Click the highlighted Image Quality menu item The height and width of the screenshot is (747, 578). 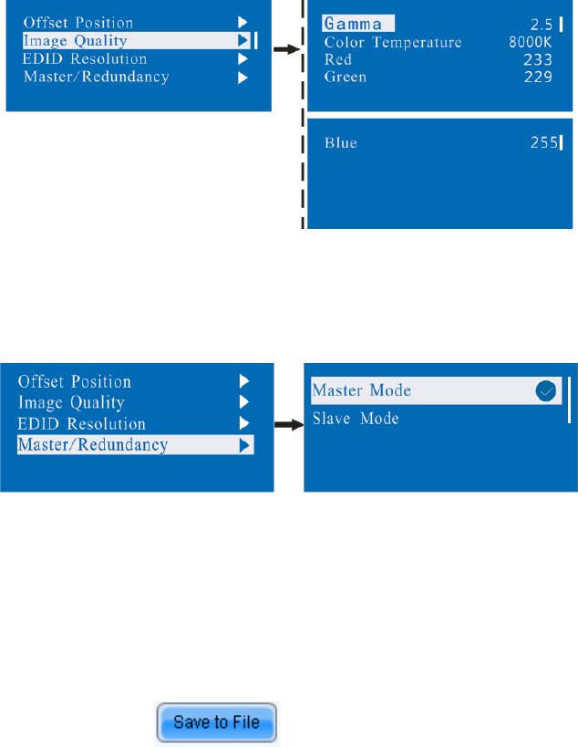point(75,41)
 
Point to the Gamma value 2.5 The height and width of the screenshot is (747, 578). point(542,24)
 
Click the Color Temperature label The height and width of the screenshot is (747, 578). point(393,43)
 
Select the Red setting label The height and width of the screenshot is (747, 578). point(339,60)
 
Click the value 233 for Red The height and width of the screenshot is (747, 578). point(538,60)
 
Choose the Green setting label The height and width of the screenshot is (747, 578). point(346,78)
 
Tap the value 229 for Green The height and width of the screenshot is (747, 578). point(538,78)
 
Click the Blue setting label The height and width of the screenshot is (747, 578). point(341,142)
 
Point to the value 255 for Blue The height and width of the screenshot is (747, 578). point(543,142)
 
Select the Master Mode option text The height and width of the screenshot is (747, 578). point(362,390)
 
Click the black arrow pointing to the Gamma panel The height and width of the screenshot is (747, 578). point(287,50)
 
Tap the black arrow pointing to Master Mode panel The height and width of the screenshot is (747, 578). point(288,425)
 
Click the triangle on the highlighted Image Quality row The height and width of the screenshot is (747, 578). point(243,41)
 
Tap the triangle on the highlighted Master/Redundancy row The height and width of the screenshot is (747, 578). point(243,445)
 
